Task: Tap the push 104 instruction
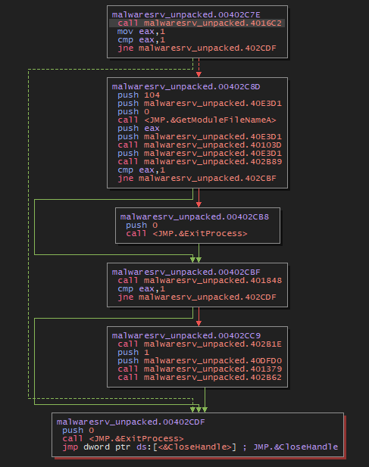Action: click(x=133, y=95)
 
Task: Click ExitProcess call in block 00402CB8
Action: click(x=187, y=233)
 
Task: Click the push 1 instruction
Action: click(x=129, y=352)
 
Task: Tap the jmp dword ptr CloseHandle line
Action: click(x=200, y=447)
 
